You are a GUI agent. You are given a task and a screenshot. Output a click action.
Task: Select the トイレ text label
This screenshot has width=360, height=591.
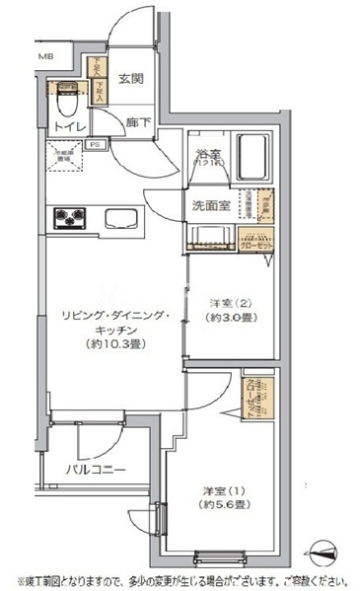(x=69, y=127)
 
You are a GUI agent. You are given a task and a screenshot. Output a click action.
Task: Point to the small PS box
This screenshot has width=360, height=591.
(x=96, y=144)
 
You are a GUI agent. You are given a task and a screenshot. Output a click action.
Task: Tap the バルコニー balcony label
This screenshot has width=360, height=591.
(x=95, y=469)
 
